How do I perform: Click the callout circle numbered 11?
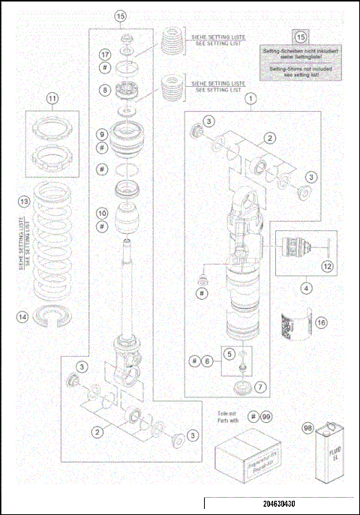(x=52, y=98)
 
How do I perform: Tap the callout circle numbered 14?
(x=23, y=317)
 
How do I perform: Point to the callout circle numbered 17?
(x=105, y=55)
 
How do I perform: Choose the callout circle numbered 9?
(x=105, y=134)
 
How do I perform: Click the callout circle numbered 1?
(x=252, y=97)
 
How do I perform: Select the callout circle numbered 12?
(x=326, y=265)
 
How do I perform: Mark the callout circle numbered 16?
(x=321, y=323)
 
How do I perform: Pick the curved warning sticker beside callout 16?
(x=294, y=327)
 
